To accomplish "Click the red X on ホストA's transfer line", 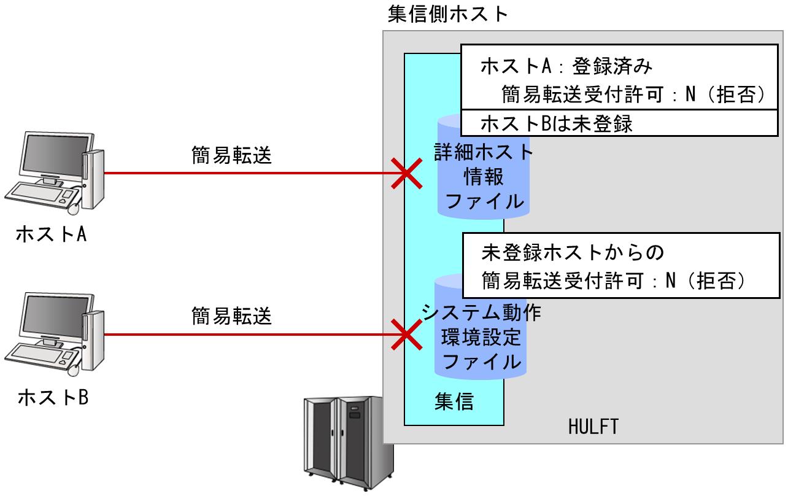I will pos(407,173).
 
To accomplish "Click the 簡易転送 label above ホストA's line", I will pos(231,157).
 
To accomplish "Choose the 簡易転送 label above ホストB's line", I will pos(231,317).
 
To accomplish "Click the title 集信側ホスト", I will pos(448,14).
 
